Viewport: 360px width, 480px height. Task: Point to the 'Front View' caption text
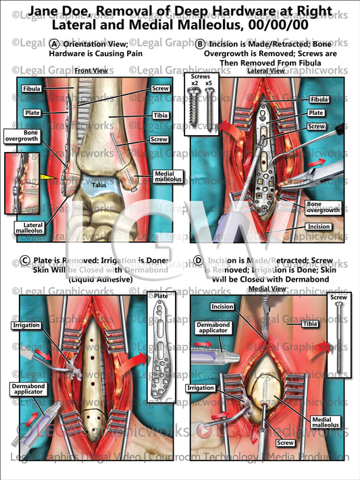point(89,71)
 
